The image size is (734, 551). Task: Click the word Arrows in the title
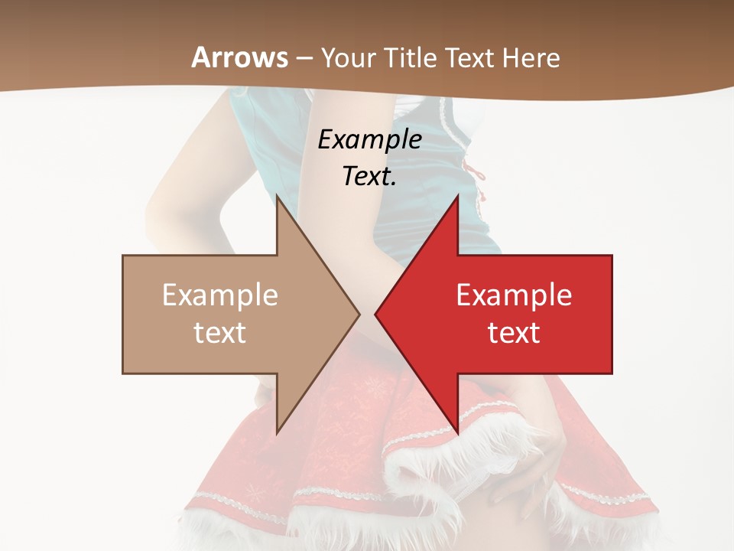coord(239,57)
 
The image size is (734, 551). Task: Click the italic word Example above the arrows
coord(370,139)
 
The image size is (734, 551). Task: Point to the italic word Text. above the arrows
coord(370,176)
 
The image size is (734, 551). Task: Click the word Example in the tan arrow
coord(220,295)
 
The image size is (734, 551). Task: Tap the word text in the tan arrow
coord(220,333)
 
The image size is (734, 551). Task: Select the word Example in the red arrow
coord(514,295)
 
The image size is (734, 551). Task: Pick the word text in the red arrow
coord(514,333)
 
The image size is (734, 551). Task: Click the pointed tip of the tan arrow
coord(359,314)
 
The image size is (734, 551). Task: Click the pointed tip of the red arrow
coord(375,314)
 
